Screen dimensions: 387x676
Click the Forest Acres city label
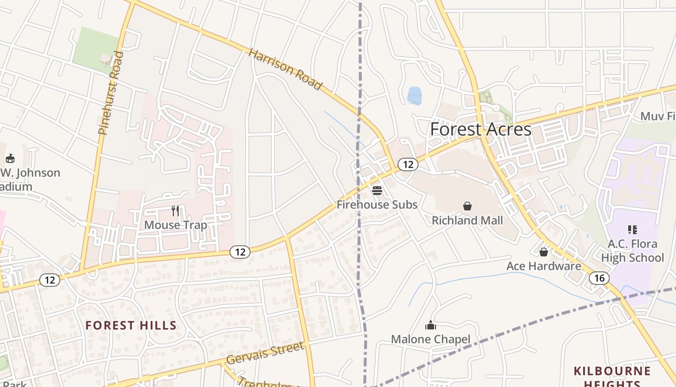pyautogui.click(x=480, y=130)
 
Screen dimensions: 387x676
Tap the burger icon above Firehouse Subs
pyautogui.click(x=377, y=190)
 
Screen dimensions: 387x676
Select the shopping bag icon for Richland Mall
pyautogui.click(x=467, y=207)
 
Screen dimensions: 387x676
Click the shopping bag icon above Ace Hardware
pyautogui.click(x=543, y=252)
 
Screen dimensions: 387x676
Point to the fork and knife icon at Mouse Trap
pyautogui.click(x=175, y=211)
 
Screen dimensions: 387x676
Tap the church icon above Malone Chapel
pyautogui.click(x=430, y=325)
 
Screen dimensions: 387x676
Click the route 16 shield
pyautogui.click(x=599, y=278)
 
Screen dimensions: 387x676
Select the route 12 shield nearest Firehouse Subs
pyautogui.click(x=408, y=164)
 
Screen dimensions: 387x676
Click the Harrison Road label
pyautogui.click(x=285, y=69)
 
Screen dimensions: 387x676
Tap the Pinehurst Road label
pyautogui.click(x=111, y=93)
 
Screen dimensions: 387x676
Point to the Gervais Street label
pyautogui.click(x=265, y=353)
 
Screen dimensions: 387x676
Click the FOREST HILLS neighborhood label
pyautogui.click(x=131, y=325)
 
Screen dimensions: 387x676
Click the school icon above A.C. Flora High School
pyautogui.click(x=632, y=229)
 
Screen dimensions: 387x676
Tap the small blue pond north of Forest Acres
pyautogui.click(x=414, y=95)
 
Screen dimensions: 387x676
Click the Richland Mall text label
pyautogui.click(x=467, y=221)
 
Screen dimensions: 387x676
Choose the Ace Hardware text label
pyautogui.click(x=544, y=266)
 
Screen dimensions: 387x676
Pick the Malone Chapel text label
pyautogui.click(x=430, y=339)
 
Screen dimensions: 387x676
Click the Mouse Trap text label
pyautogui.click(x=175, y=225)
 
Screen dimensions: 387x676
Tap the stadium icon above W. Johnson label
pyautogui.click(x=10, y=158)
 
